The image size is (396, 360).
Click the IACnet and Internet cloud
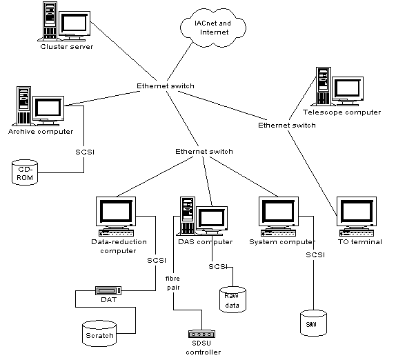pyautogui.click(x=213, y=28)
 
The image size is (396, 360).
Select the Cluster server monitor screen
pyautogui.click(x=75, y=23)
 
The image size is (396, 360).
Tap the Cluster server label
pyautogui.click(x=67, y=47)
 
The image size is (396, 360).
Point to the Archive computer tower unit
pyautogui.click(x=23, y=105)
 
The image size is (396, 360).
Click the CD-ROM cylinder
pyautogui.click(x=25, y=172)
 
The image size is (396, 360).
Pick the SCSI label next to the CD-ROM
pyautogui.click(x=85, y=152)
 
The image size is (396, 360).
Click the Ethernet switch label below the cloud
pyautogui.click(x=166, y=86)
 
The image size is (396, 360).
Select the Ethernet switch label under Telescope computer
pyautogui.click(x=287, y=126)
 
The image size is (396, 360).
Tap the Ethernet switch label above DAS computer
pyautogui.click(x=204, y=152)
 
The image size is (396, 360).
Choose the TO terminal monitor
pyautogui.click(x=357, y=212)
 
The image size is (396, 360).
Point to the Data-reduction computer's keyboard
pyautogui.click(x=116, y=233)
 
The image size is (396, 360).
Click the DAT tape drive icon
pyautogui.click(x=108, y=290)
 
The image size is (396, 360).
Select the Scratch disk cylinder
pyautogui.click(x=99, y=334)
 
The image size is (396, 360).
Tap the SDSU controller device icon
pyautogui.click(x=201, y=334)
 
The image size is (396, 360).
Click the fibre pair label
pyautogui.click(x=173, y=283)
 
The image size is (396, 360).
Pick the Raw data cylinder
pyautogui.click(x=232, y=300)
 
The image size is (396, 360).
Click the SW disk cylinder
pyautogui.click(x=313, y=323)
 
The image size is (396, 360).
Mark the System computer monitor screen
pyautogui.click(x=278, y=211)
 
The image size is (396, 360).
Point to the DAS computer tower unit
pyautogui.click(x=188, y=216)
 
